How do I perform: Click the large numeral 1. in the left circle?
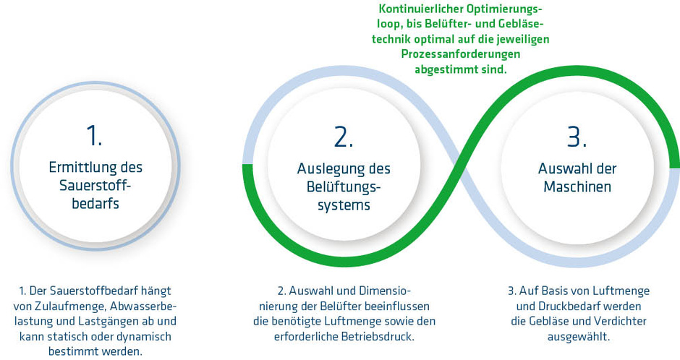tap(95, 135)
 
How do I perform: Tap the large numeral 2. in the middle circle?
tap(344, 137)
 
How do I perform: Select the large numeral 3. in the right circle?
tap(577, 137)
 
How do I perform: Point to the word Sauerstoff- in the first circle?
tap(95, 185)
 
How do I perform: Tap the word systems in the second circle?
tap(344, 205)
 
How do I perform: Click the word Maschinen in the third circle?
tap(577, 187)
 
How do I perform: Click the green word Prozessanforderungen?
tap(461, 54)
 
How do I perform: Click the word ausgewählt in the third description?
tap(579, 337)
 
